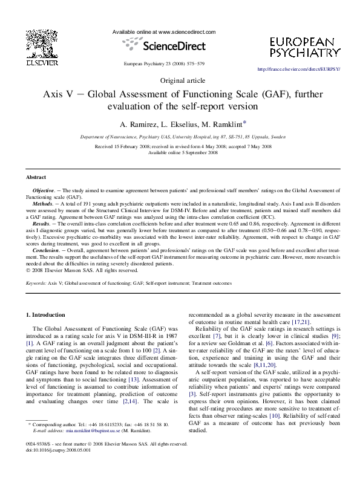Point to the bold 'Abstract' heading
[x=36, y=177]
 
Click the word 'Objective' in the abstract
[x=45, y=190]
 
